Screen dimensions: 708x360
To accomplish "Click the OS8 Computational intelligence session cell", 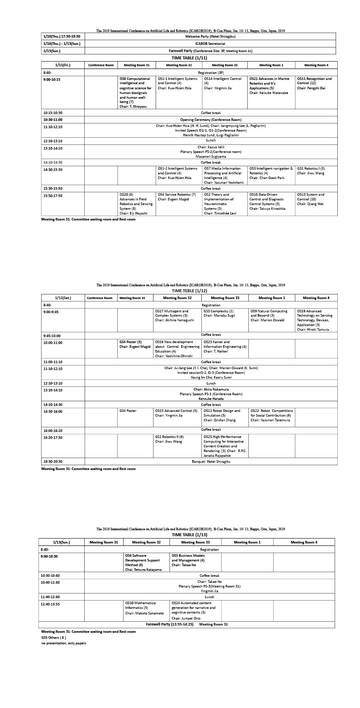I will (x=136, y=92).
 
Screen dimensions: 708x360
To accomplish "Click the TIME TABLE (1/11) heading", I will (x=189, y=58).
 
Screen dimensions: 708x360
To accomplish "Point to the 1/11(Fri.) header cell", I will (x=62, y=65).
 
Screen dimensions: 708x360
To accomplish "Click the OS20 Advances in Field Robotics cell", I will (x=136, y=204).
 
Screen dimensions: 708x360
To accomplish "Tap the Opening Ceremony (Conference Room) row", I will (x=210, y=120).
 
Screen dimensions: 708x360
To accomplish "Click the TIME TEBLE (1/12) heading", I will (x=189, y=291).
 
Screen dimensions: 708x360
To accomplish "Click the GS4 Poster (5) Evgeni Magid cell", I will (x=135, y=344).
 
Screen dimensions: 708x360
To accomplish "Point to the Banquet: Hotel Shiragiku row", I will (x=211, y=461).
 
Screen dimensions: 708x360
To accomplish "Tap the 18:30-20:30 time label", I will (x=53, y=461).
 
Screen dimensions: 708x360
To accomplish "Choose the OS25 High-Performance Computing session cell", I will (x=224, y=446).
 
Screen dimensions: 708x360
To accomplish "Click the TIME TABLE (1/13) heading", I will (x=189, y=535).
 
